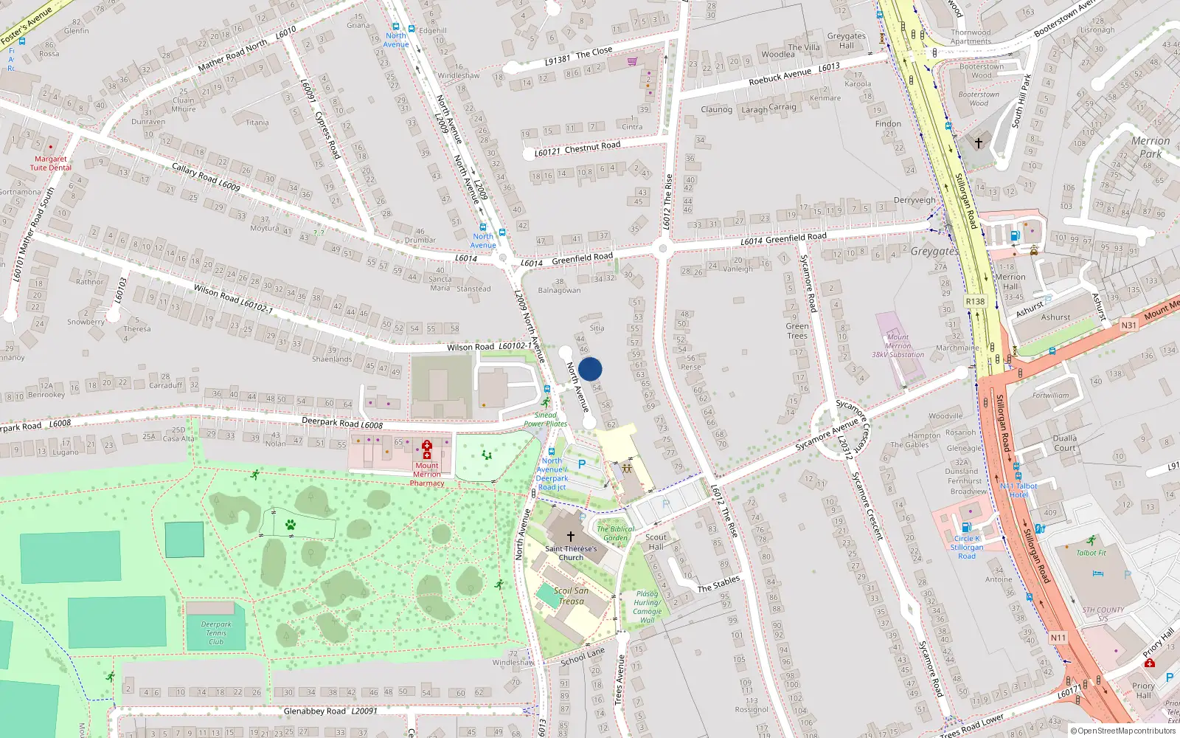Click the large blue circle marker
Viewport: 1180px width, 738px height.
pyautogui.click(x=590, y=369)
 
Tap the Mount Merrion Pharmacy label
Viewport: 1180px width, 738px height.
pyautogui.click(x=427, y=474)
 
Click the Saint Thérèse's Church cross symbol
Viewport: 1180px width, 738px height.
pyautogui.click(x=570, y=537)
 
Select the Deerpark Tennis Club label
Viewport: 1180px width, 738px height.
pyautogui.click(x=216, y=633)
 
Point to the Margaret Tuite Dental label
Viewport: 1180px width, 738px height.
pyautogui.click(x=50, y=163)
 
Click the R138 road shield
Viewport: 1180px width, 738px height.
pyautogui.click(x=975, y=301)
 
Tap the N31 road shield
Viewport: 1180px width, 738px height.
pyautogui.click(x=1128, y=325)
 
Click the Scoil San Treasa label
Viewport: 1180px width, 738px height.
pyautogui.click(x=572, y=596)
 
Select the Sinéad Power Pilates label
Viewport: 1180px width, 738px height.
pyautogui.click(x=546, y=419)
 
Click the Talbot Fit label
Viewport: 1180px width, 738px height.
pyautogui.click(x=1091, y=553)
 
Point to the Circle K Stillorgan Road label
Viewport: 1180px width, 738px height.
pyautogui.click(x=966, y=547)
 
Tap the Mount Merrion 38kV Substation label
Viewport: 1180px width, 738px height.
pyautogui.click(x=898, y=346)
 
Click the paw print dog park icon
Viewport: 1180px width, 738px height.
pyautogui.click(x=291, y=525)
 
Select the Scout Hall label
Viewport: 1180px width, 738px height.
pyautogui.click(x=656, y=542)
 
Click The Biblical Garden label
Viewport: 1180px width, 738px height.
pyautogui.click(x=615, y=534)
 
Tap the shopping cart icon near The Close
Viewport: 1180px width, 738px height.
pyautogui.click(x=632, y=61)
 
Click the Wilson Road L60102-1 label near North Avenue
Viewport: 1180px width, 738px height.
pyautogui.click(x=489, y=346)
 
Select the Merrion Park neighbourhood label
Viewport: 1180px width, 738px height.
pyautogui.click(x=1150, y=148)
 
